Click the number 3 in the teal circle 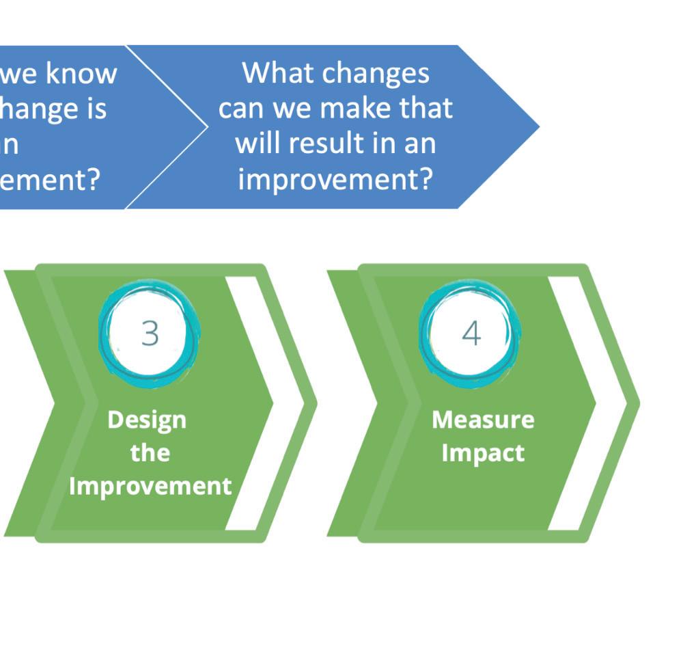point(150,334)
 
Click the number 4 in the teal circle point(471,334)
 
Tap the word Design point(147,419)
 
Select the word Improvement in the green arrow point(150,486)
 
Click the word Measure point(483,419)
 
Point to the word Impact point(483,452)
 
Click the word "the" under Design point(150,452)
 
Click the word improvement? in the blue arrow point(335,179)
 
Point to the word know point(81,72)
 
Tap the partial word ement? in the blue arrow point(51,179)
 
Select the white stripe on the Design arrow point(250,403)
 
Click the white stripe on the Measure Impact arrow point(572,403)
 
